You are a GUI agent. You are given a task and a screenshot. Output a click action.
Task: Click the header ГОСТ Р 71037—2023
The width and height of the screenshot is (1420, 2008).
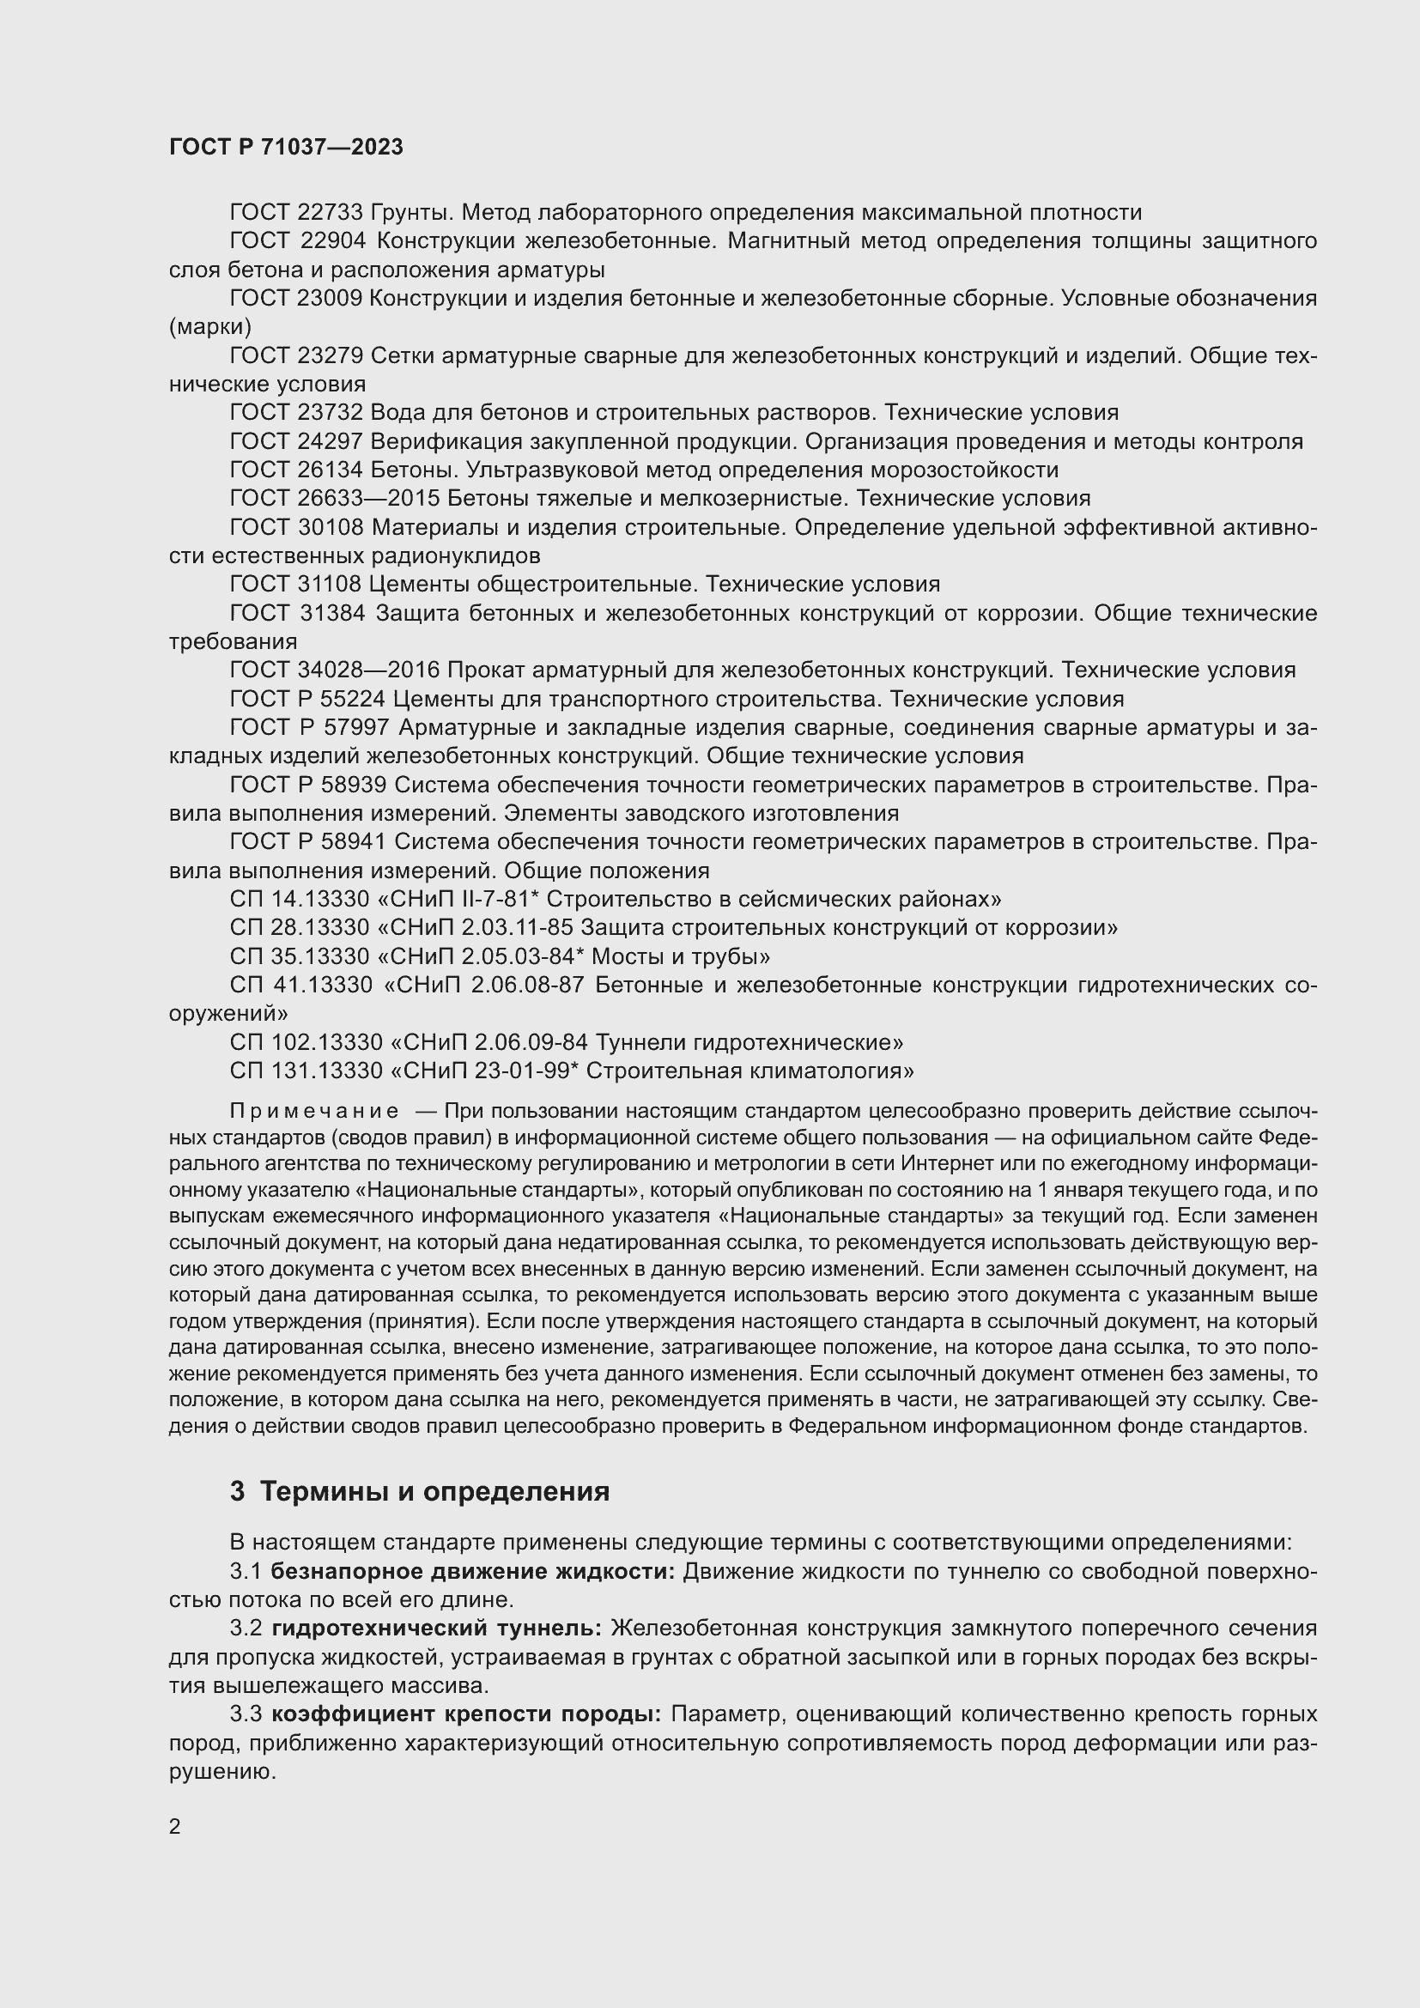click(286, 147)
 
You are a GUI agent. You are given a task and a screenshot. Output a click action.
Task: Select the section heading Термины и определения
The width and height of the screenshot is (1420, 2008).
click(434, 1490)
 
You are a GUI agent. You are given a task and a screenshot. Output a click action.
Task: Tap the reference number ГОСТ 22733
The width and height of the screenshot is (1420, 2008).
click(296, 213)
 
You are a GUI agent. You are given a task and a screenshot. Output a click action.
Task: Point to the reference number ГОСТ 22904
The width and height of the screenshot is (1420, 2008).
click(296, 240)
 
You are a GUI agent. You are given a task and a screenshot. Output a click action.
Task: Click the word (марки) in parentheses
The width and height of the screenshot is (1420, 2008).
click(209, 326)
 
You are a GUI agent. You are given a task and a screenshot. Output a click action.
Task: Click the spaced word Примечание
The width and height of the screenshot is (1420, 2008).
click(314, 1111)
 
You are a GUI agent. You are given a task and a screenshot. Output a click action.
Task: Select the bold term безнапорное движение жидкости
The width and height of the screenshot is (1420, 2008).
click(472, 1572)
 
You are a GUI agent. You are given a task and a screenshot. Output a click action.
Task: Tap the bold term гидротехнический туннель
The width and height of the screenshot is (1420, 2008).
click(436, 1629)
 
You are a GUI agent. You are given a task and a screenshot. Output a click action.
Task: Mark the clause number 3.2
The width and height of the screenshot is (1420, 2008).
click(246, 1629)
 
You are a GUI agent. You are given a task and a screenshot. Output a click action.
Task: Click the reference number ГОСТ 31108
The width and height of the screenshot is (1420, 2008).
click(296, 585)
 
